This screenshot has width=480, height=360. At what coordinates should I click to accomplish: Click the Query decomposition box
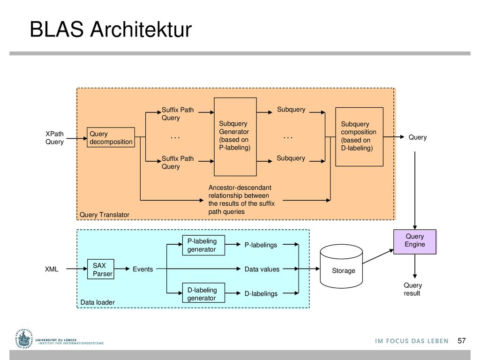(111, 137)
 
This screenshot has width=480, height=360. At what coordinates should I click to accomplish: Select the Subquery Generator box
(235, 137)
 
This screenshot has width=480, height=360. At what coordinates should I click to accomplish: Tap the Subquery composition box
(360, 137)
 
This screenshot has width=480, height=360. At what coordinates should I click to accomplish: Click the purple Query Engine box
(415, 242)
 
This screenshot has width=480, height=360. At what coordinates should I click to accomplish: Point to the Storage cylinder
(341, 266)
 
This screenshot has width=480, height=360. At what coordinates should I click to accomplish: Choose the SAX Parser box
(101, 269)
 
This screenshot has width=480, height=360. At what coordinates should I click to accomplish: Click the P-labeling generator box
(203, 245)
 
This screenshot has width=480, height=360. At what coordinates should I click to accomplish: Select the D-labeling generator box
(203, 293)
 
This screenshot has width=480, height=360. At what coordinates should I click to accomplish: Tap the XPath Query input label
(54, 138)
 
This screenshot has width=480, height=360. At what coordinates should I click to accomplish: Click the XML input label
(52, 269)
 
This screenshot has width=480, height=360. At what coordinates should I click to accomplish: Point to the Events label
(142, 269)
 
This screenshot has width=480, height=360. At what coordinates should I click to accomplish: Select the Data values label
(262, 269)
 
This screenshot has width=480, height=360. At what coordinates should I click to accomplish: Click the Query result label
(412, 289)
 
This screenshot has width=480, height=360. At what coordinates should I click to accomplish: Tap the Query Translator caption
(105, 215)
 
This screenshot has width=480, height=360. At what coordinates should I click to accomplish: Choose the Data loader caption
(97, 302)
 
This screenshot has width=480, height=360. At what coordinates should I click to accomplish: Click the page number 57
(462, 341)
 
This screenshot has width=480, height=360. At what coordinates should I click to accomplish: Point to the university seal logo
(23, 339)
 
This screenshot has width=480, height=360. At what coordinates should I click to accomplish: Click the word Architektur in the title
(141, 30)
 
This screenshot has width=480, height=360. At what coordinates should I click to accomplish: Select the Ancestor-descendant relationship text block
(241, 200)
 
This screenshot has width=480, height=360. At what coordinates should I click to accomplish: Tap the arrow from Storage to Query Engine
(378, 256)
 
